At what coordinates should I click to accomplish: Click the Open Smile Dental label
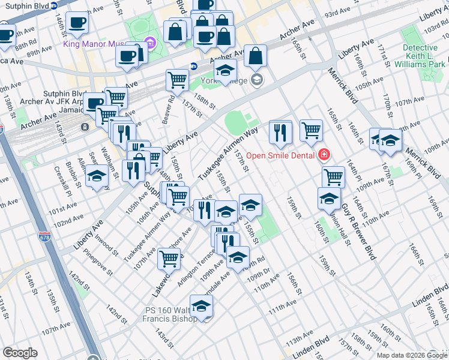point(282,155)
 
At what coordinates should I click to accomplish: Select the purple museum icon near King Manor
point(149,43)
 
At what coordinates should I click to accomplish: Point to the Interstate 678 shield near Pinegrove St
point(44,236)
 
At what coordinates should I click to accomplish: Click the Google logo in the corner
point(20,353)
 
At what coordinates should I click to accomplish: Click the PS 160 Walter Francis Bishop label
point(170,314)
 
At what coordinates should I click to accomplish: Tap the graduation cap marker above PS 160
point(202,306)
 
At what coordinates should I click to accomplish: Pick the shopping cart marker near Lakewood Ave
point(169,259)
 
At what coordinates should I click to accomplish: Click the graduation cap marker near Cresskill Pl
point(96,176)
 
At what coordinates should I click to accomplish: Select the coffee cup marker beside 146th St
point(77,23)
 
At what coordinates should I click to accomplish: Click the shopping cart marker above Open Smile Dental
point(311,130)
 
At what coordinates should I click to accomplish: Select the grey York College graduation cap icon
point(257,80)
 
